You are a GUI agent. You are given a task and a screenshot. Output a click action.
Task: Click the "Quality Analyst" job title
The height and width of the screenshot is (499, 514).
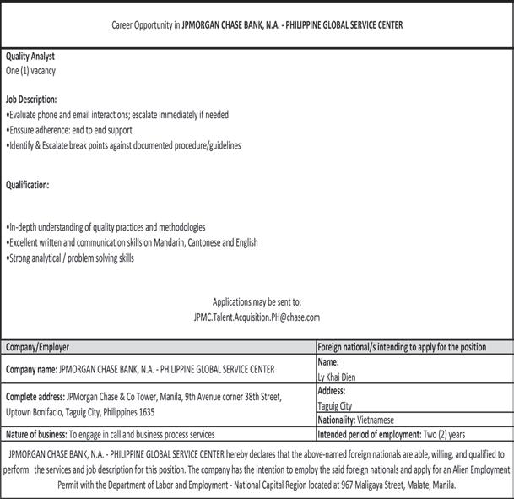[30, 56]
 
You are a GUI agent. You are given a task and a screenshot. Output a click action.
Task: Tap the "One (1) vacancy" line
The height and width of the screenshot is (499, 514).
[31, 71]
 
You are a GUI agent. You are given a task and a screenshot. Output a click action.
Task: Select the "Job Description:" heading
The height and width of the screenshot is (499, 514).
[31, 99]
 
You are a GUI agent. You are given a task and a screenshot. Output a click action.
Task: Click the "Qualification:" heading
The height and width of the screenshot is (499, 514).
[28, 184]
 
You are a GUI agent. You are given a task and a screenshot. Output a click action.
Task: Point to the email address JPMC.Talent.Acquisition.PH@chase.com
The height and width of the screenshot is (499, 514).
[257, 317]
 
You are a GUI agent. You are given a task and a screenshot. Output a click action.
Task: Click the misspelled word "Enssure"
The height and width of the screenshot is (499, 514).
[24, 130]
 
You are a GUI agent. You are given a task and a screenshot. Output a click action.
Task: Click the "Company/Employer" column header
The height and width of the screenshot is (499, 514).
[38, 346]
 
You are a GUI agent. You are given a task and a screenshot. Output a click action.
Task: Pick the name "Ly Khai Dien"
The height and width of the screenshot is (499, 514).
[338, 377]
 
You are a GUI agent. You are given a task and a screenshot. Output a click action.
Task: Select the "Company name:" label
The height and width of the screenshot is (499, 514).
[31, 369]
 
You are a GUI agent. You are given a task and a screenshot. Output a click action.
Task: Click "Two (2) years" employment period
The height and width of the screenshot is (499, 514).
[445, 434]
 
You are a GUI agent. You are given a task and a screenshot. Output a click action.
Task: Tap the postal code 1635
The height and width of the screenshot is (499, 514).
[146, 412]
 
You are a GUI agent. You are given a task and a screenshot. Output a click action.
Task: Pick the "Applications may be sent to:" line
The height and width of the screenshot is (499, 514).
[257, 301]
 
